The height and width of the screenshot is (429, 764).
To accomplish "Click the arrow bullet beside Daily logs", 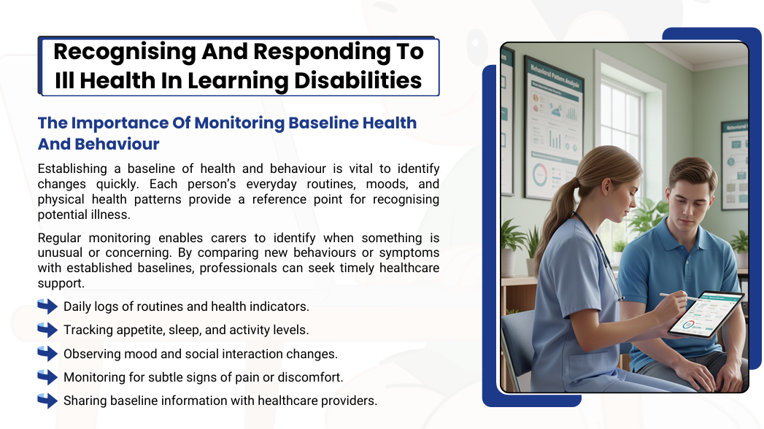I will (x=47, y=306).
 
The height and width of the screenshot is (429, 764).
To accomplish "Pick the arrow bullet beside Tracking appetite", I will (x=47, y=330).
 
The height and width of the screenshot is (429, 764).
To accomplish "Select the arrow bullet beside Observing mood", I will (x=47, y=354).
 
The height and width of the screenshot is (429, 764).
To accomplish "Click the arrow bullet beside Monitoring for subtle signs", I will (x=47, y=377).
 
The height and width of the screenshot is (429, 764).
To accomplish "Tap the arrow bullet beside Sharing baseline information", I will (x=47, y=401).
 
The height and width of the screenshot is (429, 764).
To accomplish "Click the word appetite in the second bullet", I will (x=137, y=330).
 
